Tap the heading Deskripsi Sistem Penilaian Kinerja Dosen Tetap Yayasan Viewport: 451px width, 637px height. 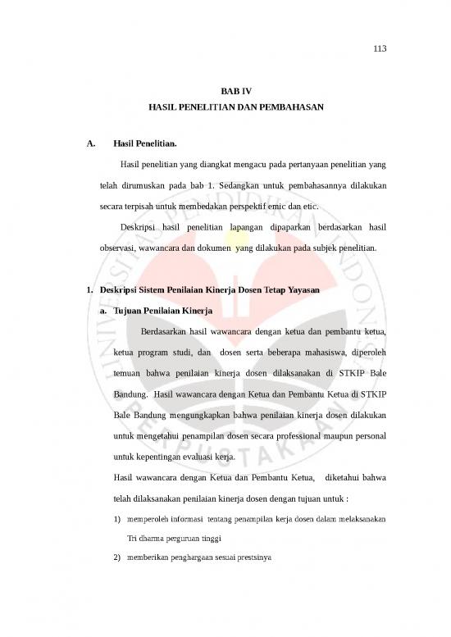pyautogui.click(x=208, y=291)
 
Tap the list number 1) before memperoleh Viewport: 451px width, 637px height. pyautogui.click(x=119, y=519)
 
